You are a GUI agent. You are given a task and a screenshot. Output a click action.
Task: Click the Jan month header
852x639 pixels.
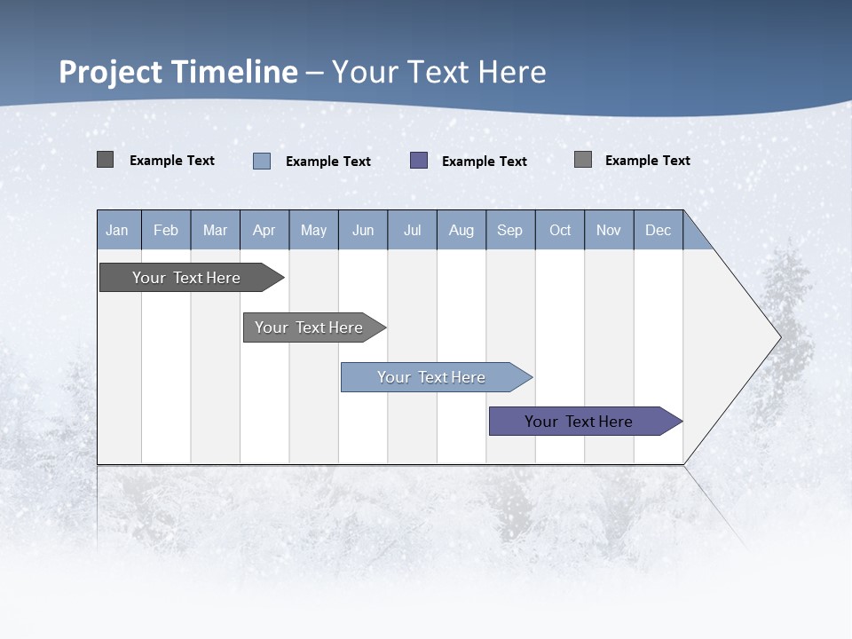tap(118, 230)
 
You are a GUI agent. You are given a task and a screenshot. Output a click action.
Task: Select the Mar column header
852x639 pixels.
tap(215, 230)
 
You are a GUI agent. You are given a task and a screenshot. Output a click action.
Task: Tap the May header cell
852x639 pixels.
tap(313, 230)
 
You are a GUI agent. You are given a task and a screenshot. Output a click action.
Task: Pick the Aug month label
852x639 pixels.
tap(461, 230)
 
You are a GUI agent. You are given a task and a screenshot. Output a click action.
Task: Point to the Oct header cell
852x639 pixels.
tap(559, 230)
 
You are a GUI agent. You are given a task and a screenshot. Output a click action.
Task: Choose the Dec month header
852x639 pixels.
tap(658, 230)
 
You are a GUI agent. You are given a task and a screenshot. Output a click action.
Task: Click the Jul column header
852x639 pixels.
tap(412, 230)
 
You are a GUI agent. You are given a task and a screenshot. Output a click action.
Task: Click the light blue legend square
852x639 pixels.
tap(262, 161)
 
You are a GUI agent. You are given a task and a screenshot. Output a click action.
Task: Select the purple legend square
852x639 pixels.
tap(419, 161)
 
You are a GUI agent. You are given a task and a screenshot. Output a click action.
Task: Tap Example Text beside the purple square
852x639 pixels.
tap(484, 162)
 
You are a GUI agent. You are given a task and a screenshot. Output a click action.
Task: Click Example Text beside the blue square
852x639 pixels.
tap(327, 162)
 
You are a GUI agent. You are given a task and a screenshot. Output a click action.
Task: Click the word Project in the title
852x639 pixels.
tap(111, 72)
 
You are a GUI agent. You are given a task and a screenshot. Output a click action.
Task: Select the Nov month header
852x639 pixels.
tap(608, 230)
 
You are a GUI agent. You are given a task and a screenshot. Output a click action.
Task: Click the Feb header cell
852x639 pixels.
tap(166, 230)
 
